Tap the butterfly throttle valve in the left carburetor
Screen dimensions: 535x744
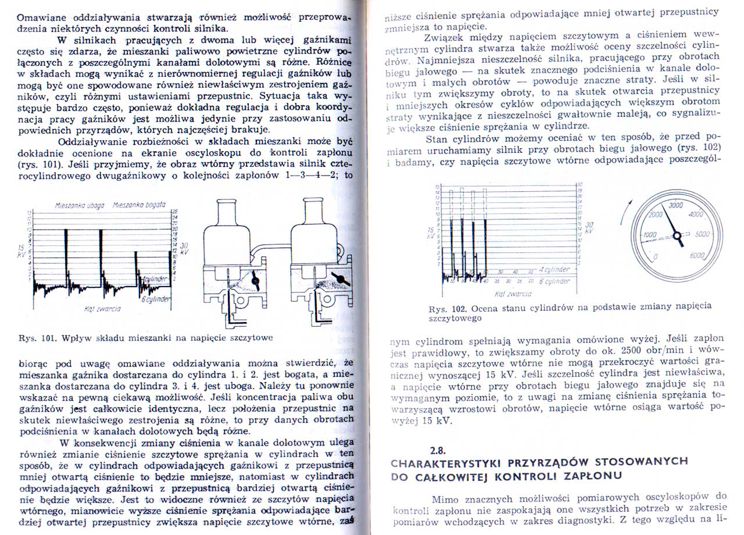[255, 281]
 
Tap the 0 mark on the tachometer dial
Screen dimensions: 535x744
[656, 256]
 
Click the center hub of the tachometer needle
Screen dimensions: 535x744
[677, 234]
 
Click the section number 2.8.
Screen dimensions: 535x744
[438, 450]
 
